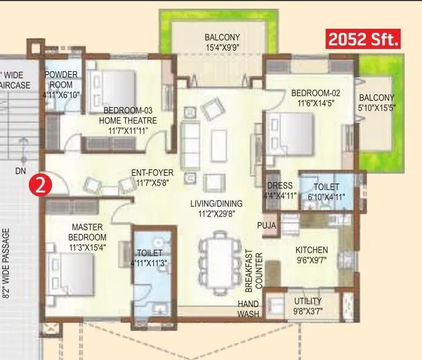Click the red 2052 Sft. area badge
(363, 41)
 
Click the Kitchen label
(311, 255)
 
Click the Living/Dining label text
(216, 208)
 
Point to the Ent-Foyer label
(152, 177)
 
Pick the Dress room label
(280, 191)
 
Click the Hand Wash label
(248, 309)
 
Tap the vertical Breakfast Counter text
(254, 270)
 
